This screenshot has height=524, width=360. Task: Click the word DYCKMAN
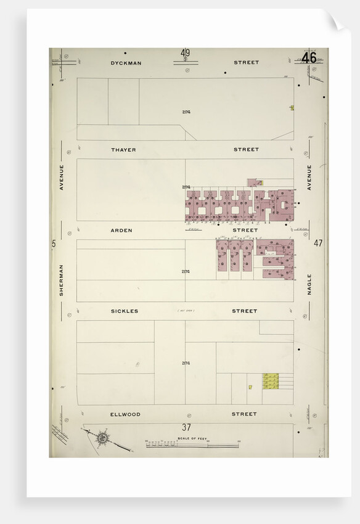click(x=124, y=62)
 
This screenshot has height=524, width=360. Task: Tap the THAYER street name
click(x=123, y=150)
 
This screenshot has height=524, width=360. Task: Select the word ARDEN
click(x=121, y=230)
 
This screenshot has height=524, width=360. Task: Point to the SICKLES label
click(x=125, y=311)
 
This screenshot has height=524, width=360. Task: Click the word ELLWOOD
click(x=125, y=414)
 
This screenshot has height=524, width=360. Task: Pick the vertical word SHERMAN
click(x=62, y=280)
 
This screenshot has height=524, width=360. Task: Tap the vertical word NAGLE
click(x=309, y=284)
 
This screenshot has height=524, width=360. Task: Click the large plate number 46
click(x=309, y=58)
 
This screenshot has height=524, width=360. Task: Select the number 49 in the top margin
click(x=185, y=53)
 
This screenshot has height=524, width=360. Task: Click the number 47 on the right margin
click(x=318, y=243)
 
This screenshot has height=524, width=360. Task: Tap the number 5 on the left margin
click(x=54, y=244)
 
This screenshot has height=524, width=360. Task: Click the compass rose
click(x=102, y=439)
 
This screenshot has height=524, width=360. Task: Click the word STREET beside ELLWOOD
click(x=244, y=414)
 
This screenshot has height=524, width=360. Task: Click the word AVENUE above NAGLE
click(x=309, y=177)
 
